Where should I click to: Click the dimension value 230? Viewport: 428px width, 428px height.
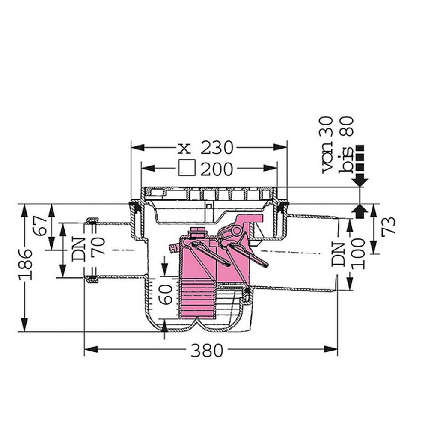click(x=217, y=148)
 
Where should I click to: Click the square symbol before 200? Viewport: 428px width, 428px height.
click(x=187, y=168)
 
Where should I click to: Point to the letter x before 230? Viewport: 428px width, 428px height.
click(x=183, y=149)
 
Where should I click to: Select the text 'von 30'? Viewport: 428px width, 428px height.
click(x=330, y=145)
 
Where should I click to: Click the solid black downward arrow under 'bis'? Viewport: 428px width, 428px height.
click(x=360, y=181)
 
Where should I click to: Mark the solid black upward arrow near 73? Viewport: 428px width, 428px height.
click(x=360, y=210)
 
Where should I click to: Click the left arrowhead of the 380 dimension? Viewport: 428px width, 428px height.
click(x=90, y=349)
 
